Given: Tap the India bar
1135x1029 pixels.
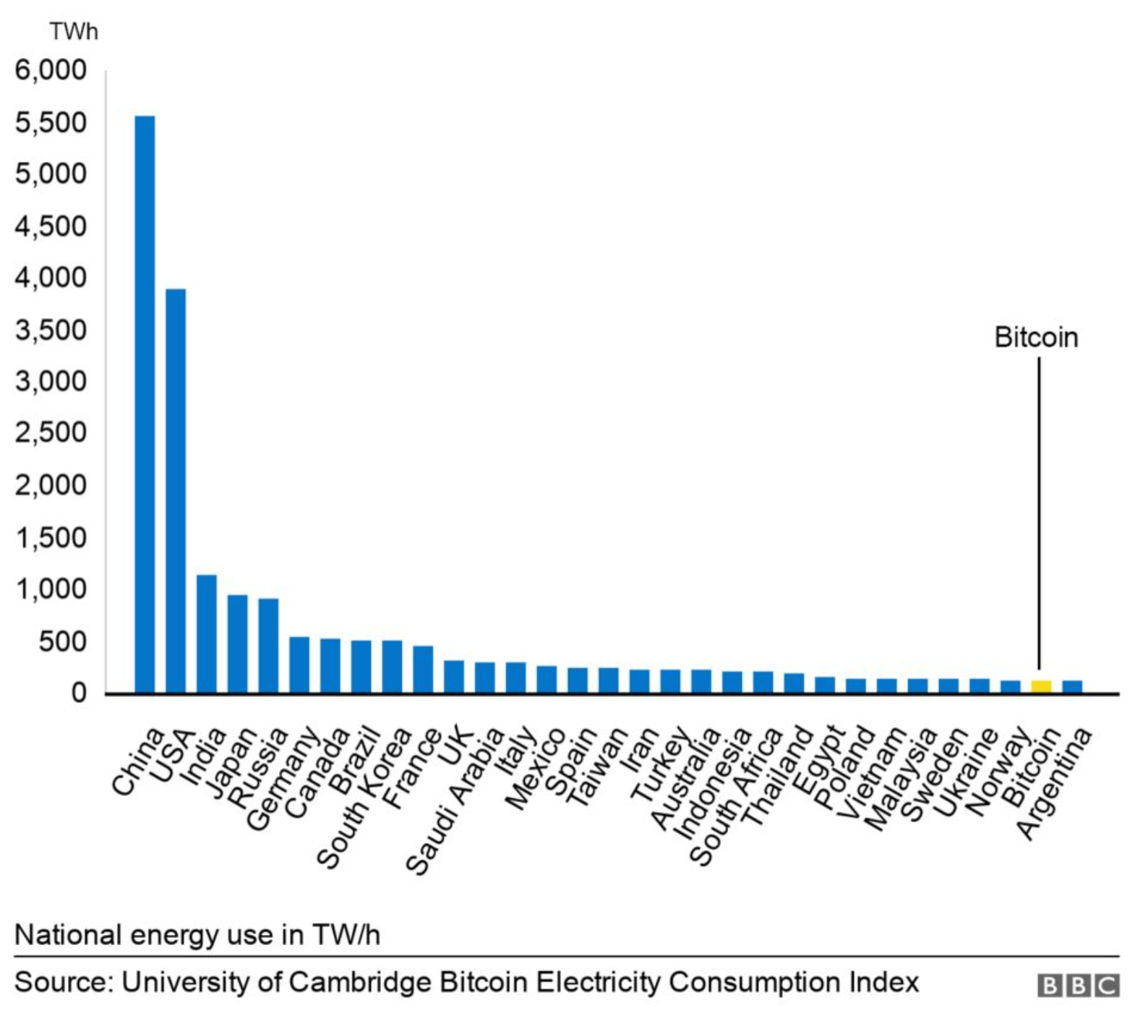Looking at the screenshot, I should (207, 633).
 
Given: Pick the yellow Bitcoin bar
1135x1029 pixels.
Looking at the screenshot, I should (1041, 686).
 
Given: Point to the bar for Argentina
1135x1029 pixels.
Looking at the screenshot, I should (1072, 686).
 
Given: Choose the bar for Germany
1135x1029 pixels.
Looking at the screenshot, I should (299, 665).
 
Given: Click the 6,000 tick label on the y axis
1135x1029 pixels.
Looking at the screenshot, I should (51, 70).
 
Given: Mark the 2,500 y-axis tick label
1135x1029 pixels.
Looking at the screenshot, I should (51, 432).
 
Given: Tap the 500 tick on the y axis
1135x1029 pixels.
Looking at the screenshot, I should (62, 641).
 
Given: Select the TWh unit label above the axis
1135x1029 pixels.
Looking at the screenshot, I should (73, 31).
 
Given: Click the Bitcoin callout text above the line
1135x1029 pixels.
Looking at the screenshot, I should (1036, 337).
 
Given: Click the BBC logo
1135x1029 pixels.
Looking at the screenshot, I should (1078, 984).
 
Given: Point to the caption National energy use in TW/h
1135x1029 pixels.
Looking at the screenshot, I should (197, 934).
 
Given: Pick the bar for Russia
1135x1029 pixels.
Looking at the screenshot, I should (268, 646).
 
